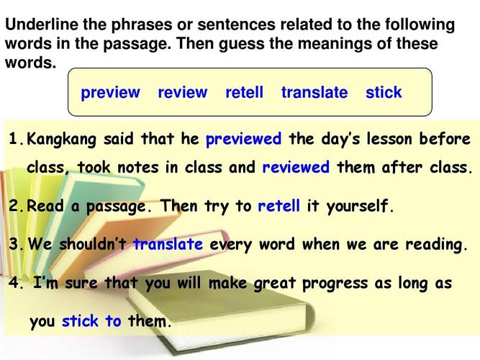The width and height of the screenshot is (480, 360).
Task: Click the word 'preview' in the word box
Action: (110, 93)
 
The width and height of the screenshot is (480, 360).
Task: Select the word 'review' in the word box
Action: (183, 92)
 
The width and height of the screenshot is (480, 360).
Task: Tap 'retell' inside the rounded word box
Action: (244, 92)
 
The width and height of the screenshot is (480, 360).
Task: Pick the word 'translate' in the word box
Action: (314, 92)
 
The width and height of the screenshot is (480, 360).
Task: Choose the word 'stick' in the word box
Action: (384, 92)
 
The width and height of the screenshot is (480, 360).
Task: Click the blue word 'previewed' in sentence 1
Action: (243, 140)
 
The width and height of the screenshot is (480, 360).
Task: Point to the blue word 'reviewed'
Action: (296, 167)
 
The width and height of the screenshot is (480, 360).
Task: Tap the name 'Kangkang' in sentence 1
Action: (61, 140)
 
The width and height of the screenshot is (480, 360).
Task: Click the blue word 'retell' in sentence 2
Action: (279, 206)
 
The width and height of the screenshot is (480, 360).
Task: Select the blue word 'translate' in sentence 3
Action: (168, 244)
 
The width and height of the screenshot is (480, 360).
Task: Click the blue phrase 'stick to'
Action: (91, 321)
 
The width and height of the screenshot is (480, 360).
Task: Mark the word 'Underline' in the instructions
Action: (42, 24)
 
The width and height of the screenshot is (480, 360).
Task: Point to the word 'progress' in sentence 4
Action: (335, 284)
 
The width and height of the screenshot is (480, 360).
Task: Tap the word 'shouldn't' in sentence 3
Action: (93, 244)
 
